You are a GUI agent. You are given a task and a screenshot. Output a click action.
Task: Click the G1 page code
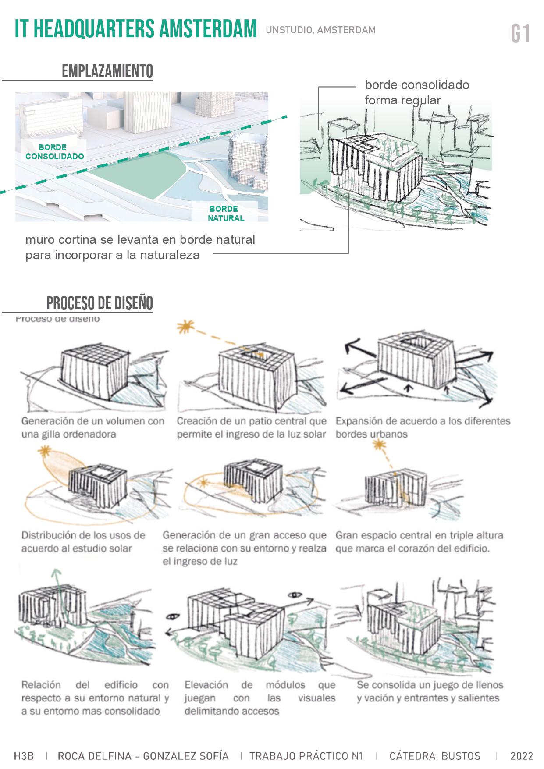coord(520,34)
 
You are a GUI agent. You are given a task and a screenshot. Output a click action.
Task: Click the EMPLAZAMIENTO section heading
coord(107,71)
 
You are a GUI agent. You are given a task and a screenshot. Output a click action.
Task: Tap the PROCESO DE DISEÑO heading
coord(100,303)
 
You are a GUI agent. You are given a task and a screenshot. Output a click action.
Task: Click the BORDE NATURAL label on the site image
coord(226,214)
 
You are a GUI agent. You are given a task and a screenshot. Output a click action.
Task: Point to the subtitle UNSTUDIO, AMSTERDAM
coord(320,30)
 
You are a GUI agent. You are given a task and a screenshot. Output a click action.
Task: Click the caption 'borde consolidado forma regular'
coord(416,93)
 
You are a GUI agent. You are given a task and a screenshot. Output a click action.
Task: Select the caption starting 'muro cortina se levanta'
coord(140,247)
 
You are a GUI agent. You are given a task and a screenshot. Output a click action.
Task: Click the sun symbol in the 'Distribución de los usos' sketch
coord(44,452)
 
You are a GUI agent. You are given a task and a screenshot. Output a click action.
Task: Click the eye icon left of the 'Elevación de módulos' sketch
coord(173,616)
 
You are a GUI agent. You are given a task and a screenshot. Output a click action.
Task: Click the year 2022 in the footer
coord(522,756)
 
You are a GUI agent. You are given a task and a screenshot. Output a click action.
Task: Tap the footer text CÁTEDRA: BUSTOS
coord(434,756)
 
